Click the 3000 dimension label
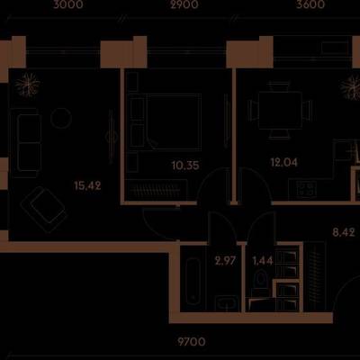(68, 4)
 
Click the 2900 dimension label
(184, 4)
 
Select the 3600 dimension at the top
(310, 4)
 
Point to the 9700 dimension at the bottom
(192, 342)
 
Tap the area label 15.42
(87, 186)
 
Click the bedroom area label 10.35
(185, 165)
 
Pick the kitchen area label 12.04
(284, 162)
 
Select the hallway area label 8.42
(344, 232)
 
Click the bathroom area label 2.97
(225, 261)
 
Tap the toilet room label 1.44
(263, 261)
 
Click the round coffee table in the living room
(61, 119)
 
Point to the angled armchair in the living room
(44, 210)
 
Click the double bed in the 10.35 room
(171, 121)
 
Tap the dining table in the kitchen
(280, 111)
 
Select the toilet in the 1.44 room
(261, 282)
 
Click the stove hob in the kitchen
(305, 190)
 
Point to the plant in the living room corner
(28, 85)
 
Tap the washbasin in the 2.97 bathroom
(227, 302)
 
